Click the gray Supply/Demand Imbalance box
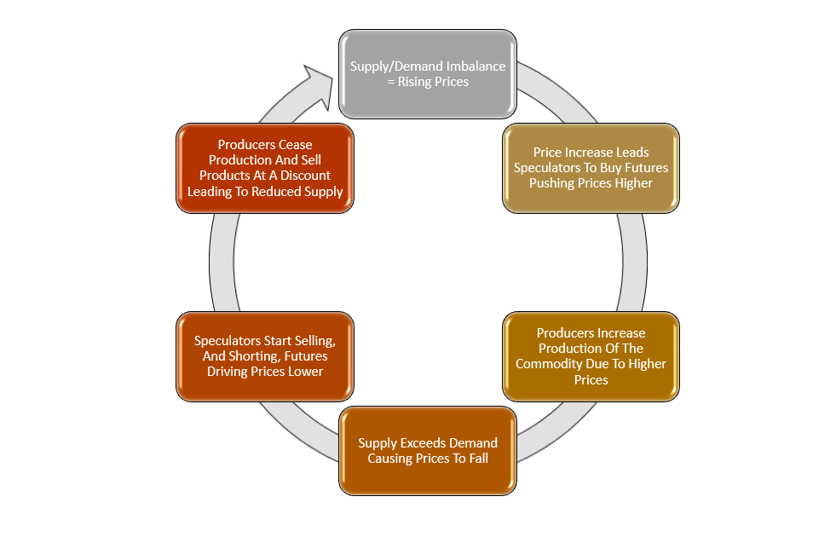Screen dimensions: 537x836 pos(428,74)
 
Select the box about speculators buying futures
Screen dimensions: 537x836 pos(591,168)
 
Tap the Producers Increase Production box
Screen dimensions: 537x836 pos(591,356)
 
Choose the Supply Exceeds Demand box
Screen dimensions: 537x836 pos(428,451)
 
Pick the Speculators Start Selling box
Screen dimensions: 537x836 pos(264,356)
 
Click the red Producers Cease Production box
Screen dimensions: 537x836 pos(264,168)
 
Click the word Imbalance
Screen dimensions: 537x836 pos(476,66)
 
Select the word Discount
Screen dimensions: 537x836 pos(302,176)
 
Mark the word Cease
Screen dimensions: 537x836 pos(296,145)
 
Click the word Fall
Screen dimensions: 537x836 pos(476,459)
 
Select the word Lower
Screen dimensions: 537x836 pos(305,372)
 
